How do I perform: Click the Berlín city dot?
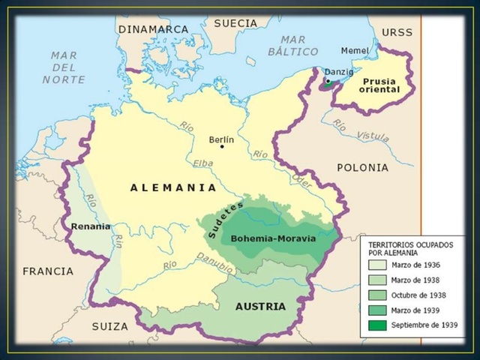point(222,147)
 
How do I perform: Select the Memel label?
point(355,50)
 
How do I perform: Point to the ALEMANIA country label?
point(173,187)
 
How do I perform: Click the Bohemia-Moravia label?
point(273,238)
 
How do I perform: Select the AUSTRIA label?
point(260,306)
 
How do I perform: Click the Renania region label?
point(91,226)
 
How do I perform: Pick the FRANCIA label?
point(48,271)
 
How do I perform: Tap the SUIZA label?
point(110,326)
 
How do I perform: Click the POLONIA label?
point(362,167)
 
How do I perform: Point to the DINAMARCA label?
point(153,28)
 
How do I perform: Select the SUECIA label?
point(235,23)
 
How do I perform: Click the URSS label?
point(397,32)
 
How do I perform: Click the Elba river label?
point(202,163)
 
